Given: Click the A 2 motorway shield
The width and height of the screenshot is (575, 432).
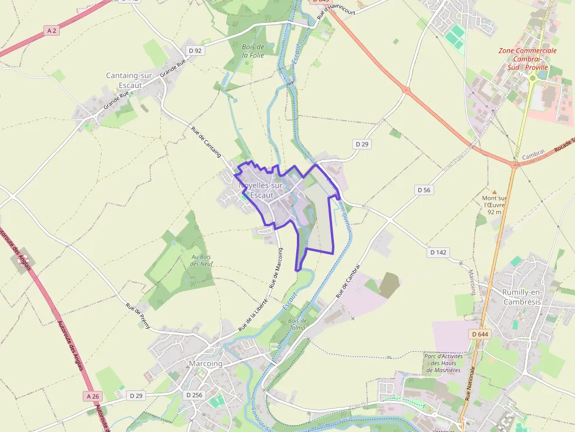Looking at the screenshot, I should pos(52,30).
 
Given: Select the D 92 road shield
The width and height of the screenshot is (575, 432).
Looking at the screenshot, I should pos(195,51).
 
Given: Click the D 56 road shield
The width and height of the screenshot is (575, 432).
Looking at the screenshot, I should pos(424,190).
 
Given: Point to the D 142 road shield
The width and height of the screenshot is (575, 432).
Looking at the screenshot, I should pos(438,252).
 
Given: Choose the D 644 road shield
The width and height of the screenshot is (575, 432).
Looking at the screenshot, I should pos(479,334).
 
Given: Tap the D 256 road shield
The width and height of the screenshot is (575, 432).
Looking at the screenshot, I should pos(194,395).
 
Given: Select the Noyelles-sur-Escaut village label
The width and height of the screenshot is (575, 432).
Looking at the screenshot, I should pos(262,190).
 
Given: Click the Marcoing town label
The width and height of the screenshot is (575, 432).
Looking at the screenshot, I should pos(205,363).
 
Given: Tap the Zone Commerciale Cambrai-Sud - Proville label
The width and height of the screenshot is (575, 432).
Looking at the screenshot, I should pos(527,59).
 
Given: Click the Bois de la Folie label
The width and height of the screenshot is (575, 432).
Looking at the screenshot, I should pos(253,51).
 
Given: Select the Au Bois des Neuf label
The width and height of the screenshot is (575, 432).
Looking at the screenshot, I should pos(202,260).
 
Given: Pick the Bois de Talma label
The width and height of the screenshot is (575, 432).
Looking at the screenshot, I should pos(298,324).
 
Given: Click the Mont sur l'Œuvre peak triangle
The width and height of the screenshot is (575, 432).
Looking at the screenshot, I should pos(494,192).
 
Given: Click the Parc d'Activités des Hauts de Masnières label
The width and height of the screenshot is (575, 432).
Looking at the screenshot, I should pos(443,363).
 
